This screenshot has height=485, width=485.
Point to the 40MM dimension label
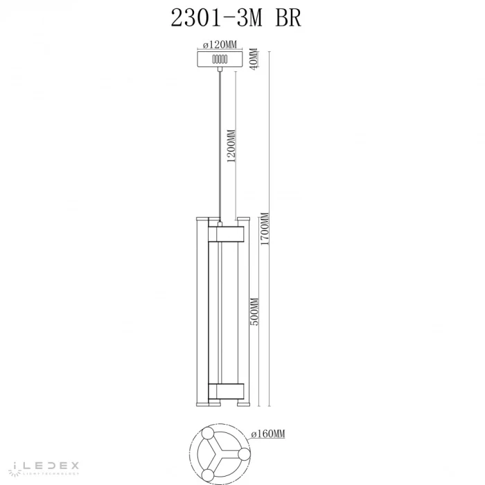point(254,59)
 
